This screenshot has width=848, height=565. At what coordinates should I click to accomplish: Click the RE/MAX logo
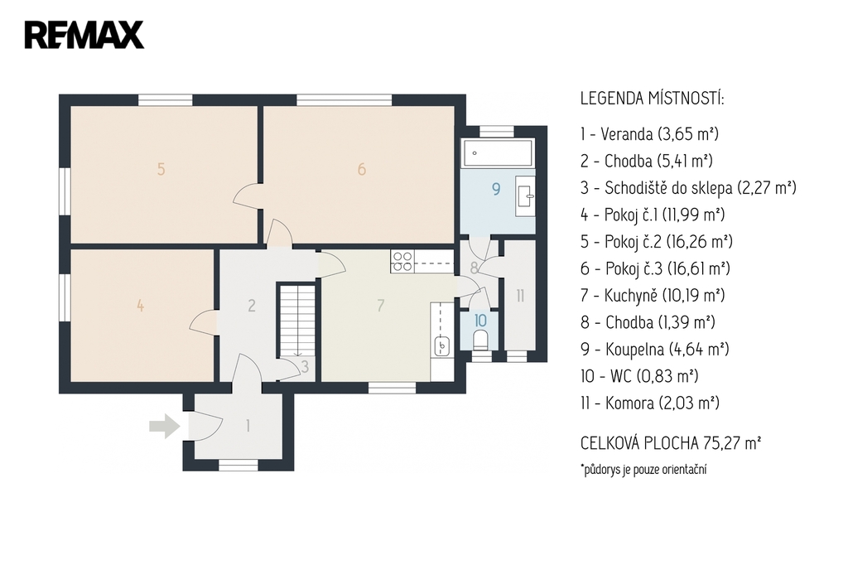click(x=84, y=35)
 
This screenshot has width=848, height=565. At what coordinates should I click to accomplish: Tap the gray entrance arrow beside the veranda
click(x=165, y=426)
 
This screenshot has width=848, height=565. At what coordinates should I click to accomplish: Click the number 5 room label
click(x=161, y=169)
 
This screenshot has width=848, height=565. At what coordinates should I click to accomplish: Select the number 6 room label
click(x=362, y=169)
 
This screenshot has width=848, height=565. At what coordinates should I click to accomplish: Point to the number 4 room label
click(x=141, y=306)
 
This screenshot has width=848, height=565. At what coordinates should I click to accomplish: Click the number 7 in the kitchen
click(x=381, y=305)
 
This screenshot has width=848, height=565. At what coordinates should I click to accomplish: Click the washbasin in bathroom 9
click(x=524, y=191)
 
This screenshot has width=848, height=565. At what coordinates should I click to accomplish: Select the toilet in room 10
click(x=480, y=340)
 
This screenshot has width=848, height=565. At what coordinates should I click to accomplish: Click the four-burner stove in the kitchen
click(x=402, y=261)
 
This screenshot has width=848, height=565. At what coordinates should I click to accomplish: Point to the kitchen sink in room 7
click(x=442, y=345)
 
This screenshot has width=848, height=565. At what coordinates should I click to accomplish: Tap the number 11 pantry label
click(x=520, y=296)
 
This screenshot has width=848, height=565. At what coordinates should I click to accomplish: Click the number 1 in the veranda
click(x=248, y=426)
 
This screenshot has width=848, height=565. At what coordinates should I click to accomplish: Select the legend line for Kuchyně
click(x=653, y=296)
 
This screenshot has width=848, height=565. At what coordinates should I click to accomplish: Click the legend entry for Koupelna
click(x=655, y=349)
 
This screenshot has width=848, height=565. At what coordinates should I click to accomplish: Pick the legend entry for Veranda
click(x=649, y=133)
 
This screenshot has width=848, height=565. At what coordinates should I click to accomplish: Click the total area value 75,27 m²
click(x=732, y=443)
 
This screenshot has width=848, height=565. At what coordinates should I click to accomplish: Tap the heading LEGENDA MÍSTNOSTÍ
click(x=653, y=99)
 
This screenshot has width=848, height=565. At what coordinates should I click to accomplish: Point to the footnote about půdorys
click(x=643, y=469)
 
